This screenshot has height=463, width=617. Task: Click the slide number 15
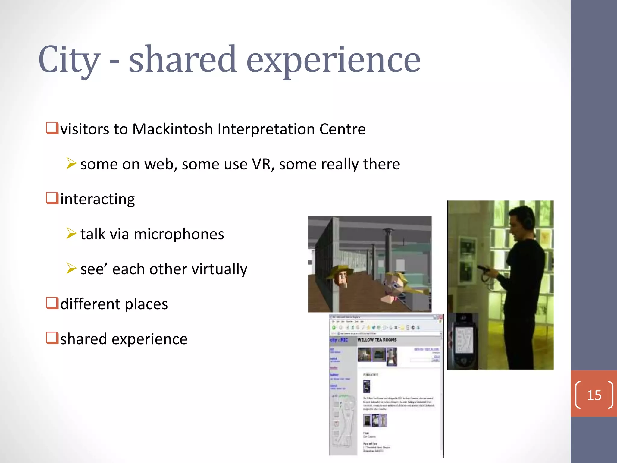[x=594, y=395]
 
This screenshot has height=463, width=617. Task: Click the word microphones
[x=179, y=234]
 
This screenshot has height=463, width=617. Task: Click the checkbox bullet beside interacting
[x=52, y=198]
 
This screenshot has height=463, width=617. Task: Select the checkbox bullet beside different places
[x=52, y=303]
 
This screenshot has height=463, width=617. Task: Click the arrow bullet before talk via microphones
[x=71, y=234]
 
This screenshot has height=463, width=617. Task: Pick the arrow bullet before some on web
[x=71, y=164]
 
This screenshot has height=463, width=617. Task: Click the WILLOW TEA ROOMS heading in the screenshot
[x=377, y=340]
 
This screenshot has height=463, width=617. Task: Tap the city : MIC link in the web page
[x=339, y=340]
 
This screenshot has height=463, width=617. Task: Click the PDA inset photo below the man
[x=463, y=342]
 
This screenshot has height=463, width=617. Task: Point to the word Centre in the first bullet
[x=342, y=129]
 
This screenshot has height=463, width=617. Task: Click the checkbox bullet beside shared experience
[x=52, y=338]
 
